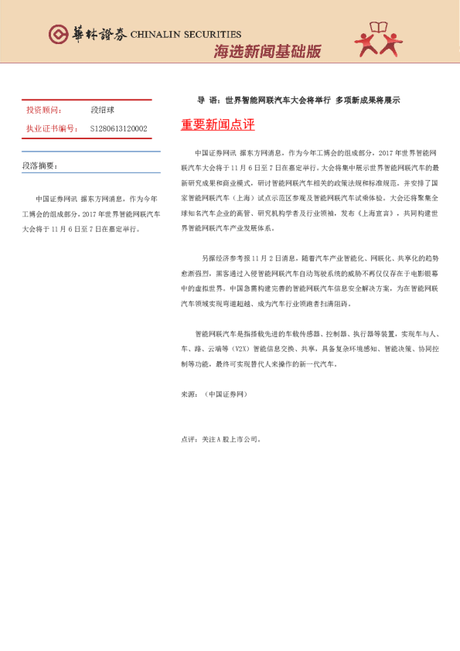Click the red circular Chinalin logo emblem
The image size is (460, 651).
pos(59,33)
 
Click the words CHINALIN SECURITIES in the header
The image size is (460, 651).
pos(186,34)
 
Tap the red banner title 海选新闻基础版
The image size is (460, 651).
pos(267,52)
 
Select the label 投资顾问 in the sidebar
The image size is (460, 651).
pos(45,111)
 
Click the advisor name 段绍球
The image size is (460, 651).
pos(103,111)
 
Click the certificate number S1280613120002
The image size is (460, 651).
pos(118,128)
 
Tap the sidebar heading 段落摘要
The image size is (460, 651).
pos(40,165)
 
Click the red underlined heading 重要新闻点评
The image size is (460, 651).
pos(217,124)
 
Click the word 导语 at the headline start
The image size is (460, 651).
pos(207,100)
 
